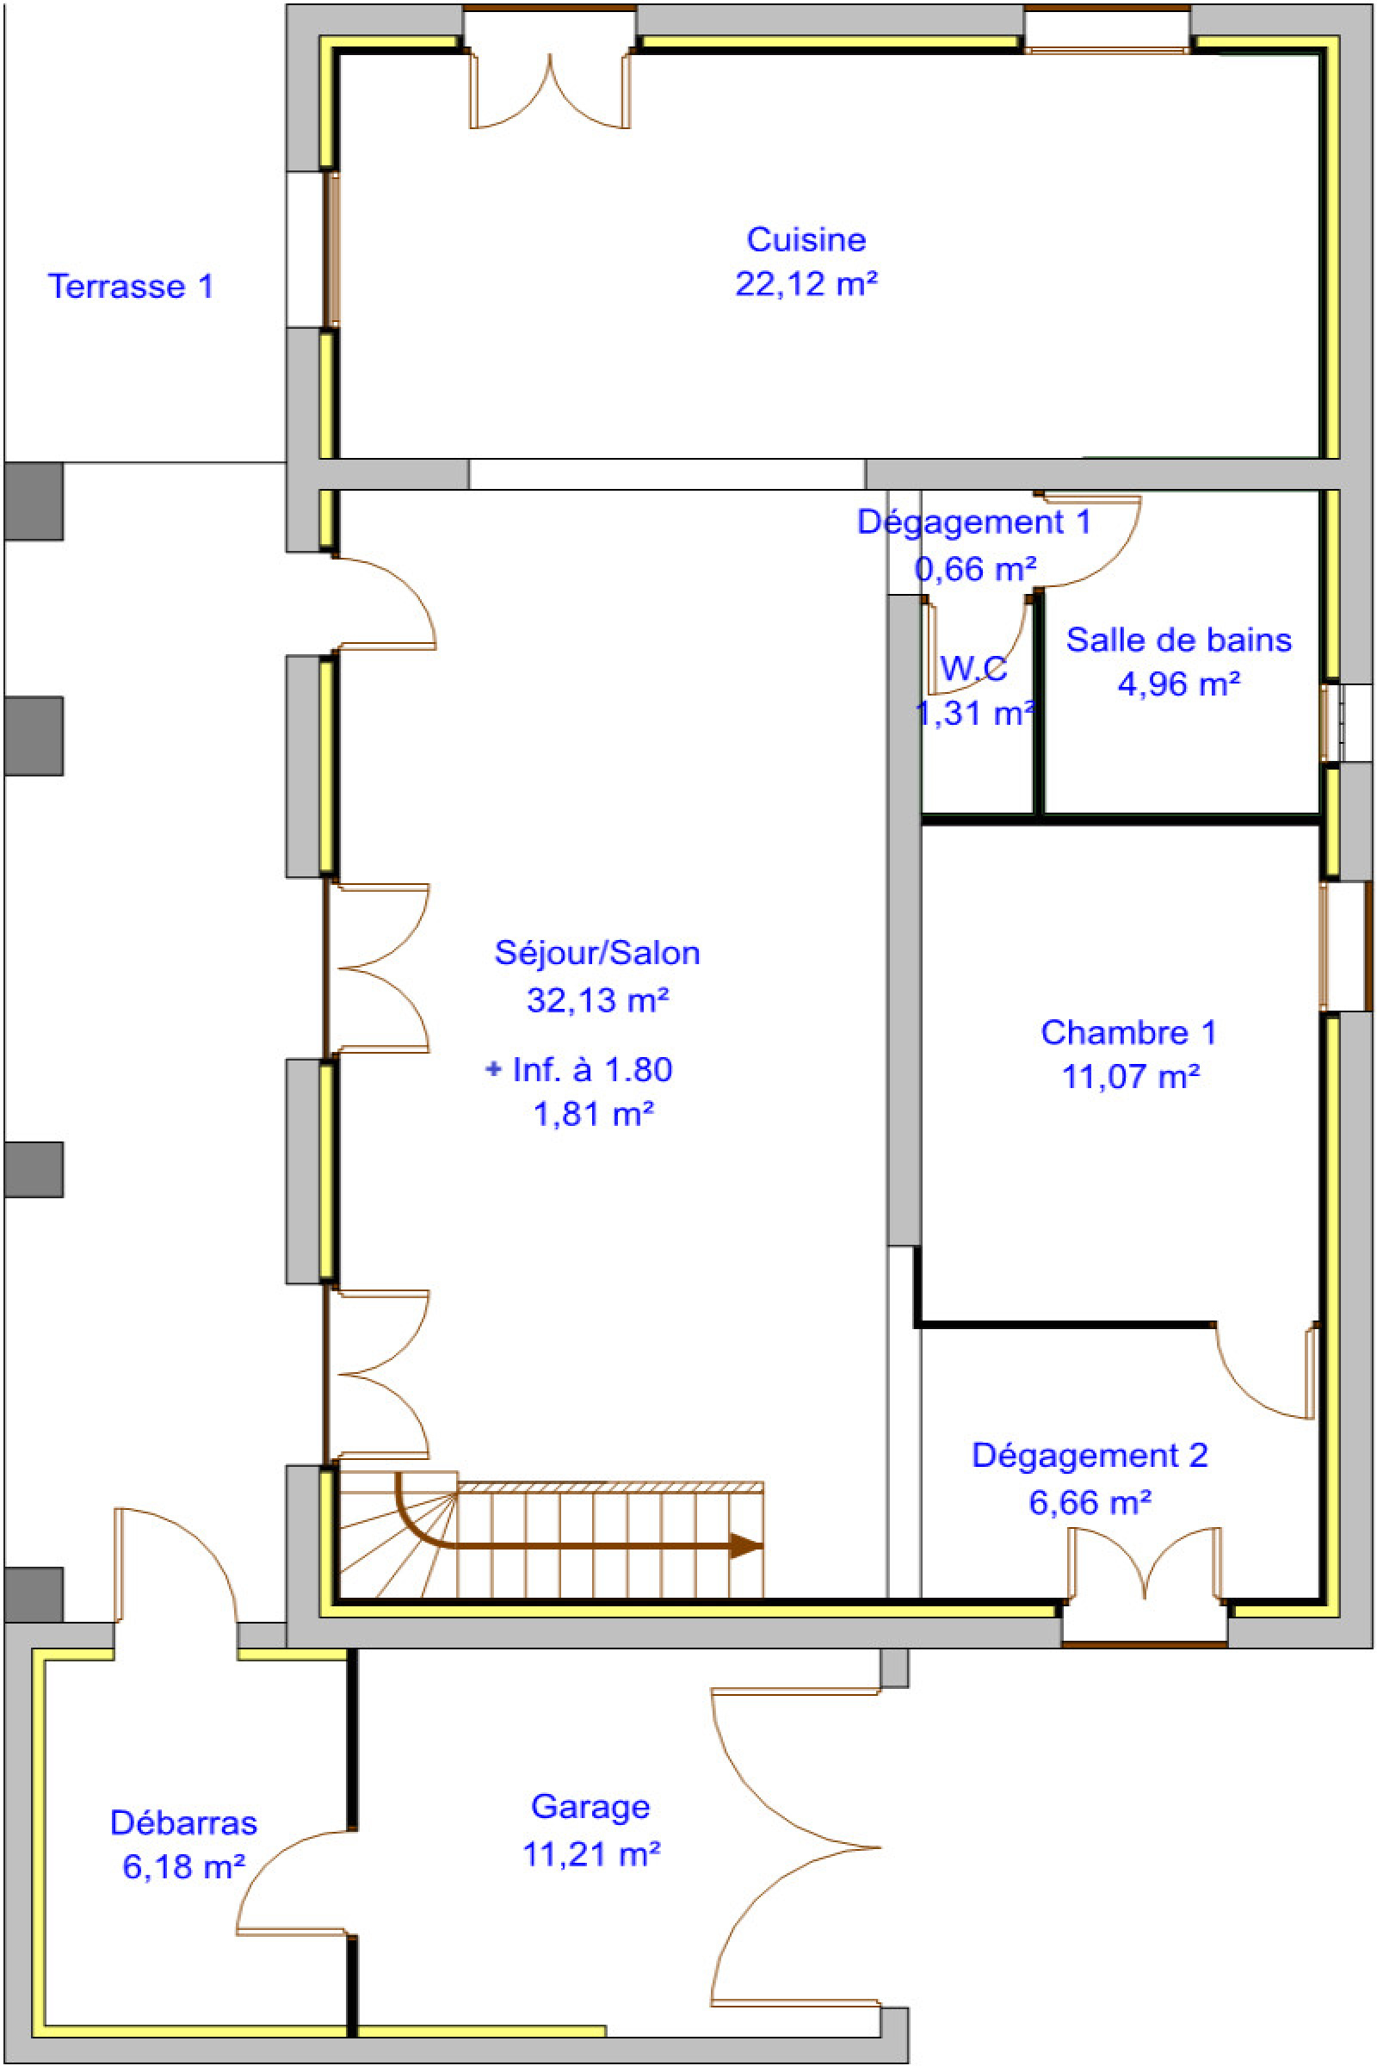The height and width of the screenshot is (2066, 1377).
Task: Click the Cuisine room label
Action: tap(806, 239)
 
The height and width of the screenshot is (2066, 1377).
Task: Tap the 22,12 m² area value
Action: tap(806, 284)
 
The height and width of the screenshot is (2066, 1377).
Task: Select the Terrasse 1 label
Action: tap(130, 287)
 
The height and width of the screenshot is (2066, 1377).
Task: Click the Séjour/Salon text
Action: tap(596, 953)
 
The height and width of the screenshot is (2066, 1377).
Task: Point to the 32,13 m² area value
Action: tap(596, 999)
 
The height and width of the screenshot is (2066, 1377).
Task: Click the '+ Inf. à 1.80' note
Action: tap(578, 1070)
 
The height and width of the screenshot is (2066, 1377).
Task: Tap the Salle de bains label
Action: tap(1177, 640)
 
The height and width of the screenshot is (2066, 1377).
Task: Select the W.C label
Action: tap(973, 670)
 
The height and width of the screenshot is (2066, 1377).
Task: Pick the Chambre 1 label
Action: tap(1128, 1032)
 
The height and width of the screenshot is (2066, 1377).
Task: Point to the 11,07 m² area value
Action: tap(1130, 1076)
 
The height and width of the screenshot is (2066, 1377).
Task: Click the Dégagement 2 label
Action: tap(1089, 1456)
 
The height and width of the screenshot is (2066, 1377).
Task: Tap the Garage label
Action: tap(590, 1807)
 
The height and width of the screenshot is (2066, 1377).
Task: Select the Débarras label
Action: tap(182, 1822)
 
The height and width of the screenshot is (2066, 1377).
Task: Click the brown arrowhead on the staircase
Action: tap(745, 1546)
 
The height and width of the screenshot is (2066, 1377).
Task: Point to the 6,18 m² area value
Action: tap(182, 1866)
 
